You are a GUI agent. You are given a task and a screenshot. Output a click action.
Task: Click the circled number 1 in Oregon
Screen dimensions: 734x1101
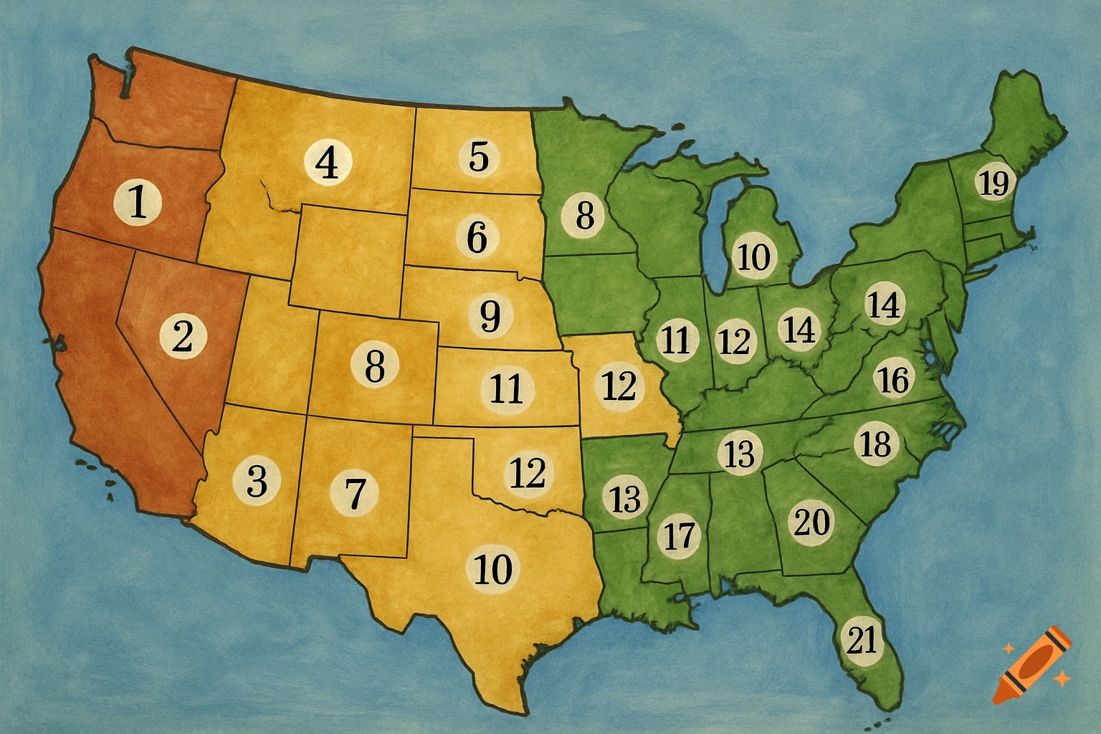[x=138, y=201]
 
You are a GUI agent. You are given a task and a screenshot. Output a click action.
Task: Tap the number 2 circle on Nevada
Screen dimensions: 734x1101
[x=183, y=335]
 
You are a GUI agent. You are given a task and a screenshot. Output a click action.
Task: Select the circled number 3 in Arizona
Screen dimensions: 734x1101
[x=257, y=480]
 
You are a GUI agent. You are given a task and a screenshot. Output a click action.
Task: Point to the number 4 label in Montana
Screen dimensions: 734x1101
[x=328, y=163]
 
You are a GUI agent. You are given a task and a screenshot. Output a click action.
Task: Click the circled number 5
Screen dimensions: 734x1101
[x=479, y=156]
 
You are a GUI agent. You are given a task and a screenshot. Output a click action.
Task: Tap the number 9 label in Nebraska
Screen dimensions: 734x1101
[x=490, y=315]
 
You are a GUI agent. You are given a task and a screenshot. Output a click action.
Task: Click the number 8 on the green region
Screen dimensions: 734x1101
[x=585, y=215]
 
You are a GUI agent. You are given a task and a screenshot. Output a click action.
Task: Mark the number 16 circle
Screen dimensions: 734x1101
[x=893, y=379]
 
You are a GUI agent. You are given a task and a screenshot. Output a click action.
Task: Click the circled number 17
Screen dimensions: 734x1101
[x=679, y=535]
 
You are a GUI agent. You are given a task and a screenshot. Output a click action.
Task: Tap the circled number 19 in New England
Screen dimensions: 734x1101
[x=993, y=184]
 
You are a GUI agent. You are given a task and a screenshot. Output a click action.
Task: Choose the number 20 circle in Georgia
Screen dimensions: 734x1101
[x=812, y=521]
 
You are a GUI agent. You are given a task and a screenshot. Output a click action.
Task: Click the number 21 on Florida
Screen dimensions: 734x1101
[x=862, y=639]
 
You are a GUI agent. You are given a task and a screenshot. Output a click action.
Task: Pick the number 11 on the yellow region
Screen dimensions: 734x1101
[x=507, y=389]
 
